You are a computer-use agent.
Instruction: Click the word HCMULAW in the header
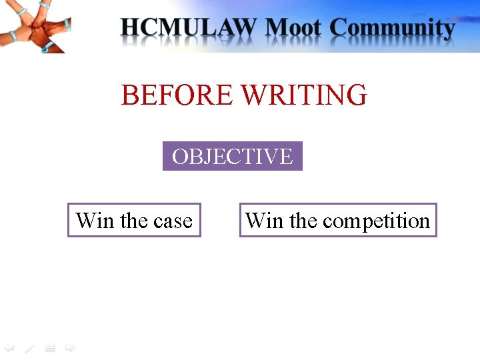pos(189,29)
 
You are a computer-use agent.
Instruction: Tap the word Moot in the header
pos(293,29)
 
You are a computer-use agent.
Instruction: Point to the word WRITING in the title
pos(303,95)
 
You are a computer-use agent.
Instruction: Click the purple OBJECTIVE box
pos(232,156)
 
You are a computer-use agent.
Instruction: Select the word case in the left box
pos(173,221)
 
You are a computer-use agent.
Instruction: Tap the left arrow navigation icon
pos(9,347)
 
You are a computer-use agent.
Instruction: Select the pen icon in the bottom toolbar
pos(29,348)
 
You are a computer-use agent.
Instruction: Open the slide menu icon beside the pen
pos(49,348)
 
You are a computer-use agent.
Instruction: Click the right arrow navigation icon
pos(69,347)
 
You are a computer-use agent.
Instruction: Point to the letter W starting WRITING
pos(254,95)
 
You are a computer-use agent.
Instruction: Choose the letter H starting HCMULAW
pos(131,29)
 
